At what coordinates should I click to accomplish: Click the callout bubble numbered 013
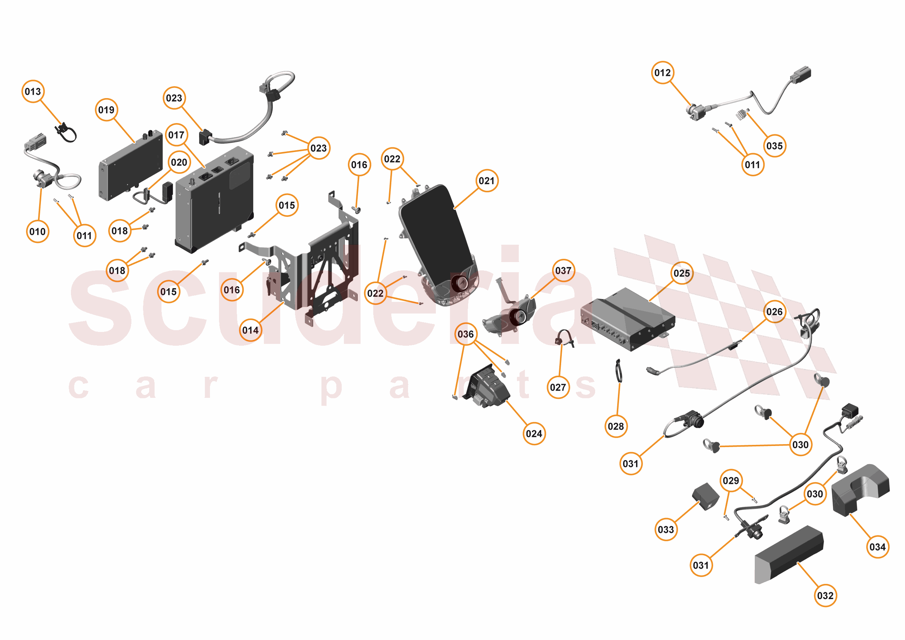pos(33,92)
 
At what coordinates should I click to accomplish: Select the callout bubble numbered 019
pos(106,110)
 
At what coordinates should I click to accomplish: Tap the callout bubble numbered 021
pos(487,181)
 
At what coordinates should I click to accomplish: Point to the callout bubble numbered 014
pos(250,330)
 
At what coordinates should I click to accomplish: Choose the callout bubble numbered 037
pos(563,271)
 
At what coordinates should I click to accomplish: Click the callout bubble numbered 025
pos(682,273)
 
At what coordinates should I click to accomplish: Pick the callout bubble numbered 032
pos(825,595)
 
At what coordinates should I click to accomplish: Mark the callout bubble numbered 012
pos(662,73)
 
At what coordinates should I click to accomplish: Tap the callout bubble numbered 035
pos(775,146)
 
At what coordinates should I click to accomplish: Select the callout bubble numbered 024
pos(534,434)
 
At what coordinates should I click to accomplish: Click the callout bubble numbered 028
pos(616,426)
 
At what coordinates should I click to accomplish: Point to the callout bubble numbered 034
pos(877,547)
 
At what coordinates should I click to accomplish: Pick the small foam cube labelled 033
pos(706,497)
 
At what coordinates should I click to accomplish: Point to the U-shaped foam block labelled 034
pos(859,490)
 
